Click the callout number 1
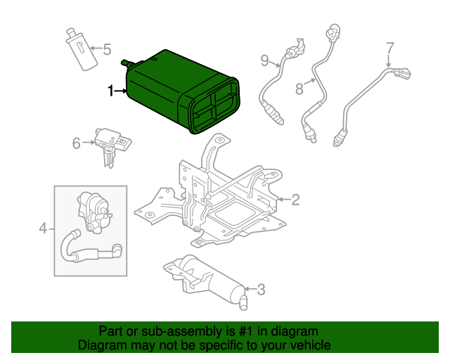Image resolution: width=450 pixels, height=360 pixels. [x=110, y=91]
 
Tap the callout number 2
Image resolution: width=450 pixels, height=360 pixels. [x=295, y=200]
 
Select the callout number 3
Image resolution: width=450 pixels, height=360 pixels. [x=261, y=290]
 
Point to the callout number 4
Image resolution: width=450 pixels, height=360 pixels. [x=43, y=229]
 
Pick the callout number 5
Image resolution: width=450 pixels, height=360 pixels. [x=107, y=49]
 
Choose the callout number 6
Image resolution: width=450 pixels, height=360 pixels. [x=77, y=143]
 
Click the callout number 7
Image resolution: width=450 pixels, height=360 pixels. [x=390, y=48]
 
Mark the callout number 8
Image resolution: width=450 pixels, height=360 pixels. [x=300, y=89]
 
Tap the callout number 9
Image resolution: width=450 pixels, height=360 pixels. [x=264, y=61]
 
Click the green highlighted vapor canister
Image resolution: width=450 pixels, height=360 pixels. [x=181, y=92]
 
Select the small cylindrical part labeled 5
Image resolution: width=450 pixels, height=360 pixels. [x=82, y=49]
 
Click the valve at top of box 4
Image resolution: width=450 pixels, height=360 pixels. [x=94, y=212]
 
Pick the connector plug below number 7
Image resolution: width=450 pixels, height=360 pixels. [x=401, y=72]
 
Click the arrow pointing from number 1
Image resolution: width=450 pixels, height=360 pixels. [x=120, y=91]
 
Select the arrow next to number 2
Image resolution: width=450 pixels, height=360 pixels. [x=284, y=199]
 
